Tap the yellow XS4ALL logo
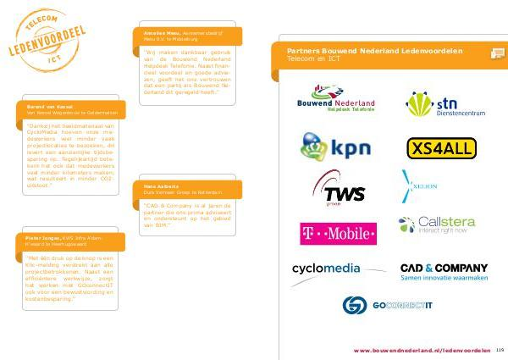click(x=440, y=149)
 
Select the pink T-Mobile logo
click(x=338, y=232)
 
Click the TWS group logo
click(x=339, y=191)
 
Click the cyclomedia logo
click(x=326, y=269)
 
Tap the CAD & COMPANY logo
click(x=443, y=272)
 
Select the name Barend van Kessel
click(x=40, y=108)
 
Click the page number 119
click(x=500, y=349)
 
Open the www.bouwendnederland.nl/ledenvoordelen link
click(x=422, y=349)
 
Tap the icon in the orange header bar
click(x=498, y=53)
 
